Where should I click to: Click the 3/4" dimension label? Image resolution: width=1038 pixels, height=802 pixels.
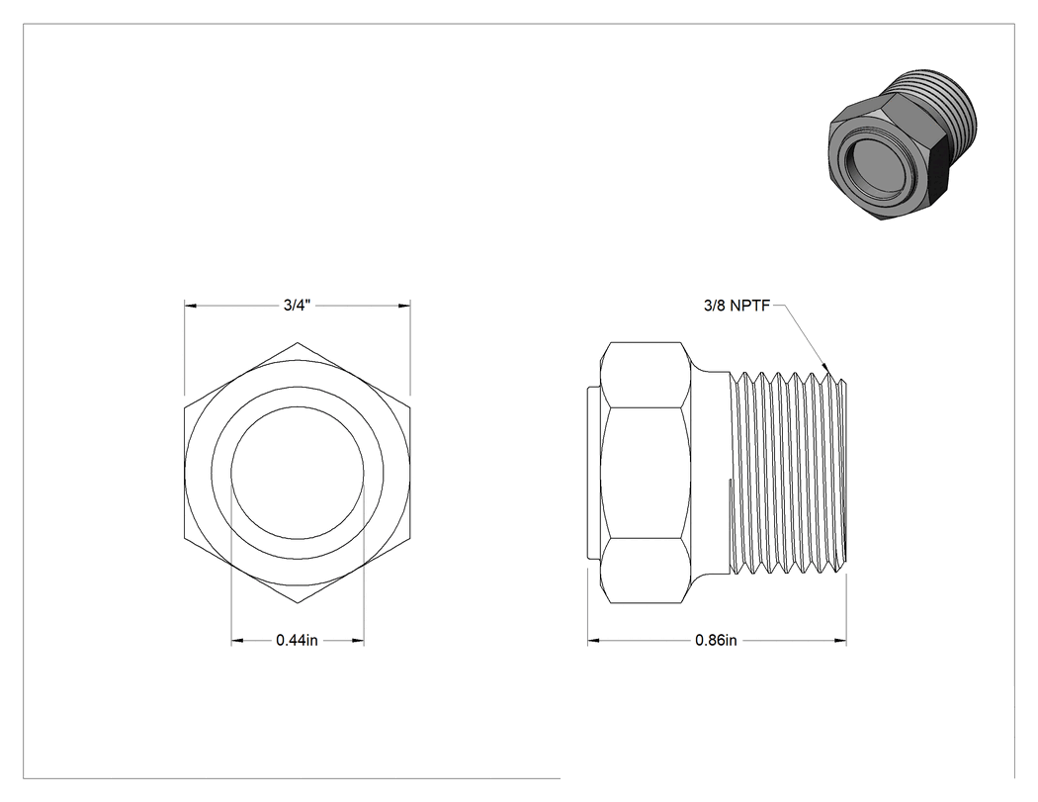coord(298,306)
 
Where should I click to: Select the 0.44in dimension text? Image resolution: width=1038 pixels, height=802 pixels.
coord(298,641)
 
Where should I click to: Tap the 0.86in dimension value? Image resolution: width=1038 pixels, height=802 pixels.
coord(717,641)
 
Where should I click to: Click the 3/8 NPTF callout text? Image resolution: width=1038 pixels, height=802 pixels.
coord(736,306)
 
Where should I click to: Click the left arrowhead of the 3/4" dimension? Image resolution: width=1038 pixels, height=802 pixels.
coord(192,306)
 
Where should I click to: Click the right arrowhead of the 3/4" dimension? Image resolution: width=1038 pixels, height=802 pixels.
coord(403,306)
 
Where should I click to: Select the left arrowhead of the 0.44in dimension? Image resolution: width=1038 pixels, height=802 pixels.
coord(237,641)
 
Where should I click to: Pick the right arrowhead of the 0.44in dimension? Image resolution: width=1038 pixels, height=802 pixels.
coord(358,641)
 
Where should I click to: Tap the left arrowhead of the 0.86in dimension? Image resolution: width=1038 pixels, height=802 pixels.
coord(594,641)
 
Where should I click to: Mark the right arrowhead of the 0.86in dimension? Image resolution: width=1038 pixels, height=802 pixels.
coord(840,641)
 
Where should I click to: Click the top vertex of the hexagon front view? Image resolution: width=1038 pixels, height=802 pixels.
coord(298,342)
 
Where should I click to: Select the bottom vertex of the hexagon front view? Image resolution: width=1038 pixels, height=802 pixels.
coord(298,603)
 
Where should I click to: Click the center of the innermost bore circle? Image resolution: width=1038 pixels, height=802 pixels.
coord(298,472)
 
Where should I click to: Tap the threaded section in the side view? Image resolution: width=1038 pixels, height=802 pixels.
coord(788,473)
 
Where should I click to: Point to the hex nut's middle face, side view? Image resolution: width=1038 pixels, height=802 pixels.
coord(646,473)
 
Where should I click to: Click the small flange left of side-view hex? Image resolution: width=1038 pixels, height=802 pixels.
coord(594,473)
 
